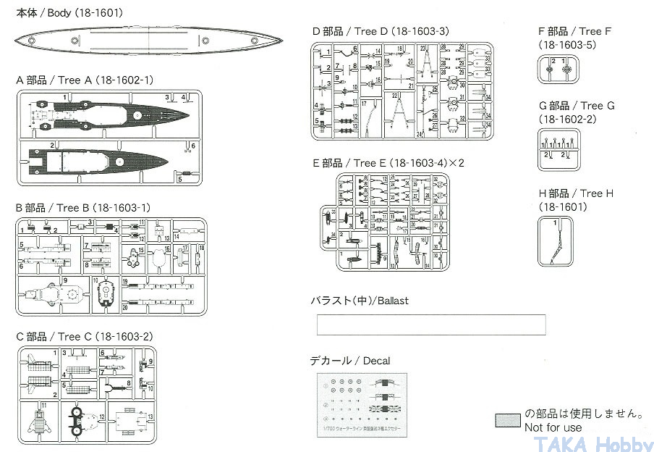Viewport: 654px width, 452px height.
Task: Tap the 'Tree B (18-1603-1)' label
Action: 83,208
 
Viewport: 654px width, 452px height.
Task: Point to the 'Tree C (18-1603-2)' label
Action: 84,337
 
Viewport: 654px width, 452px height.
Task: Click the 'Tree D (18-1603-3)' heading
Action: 381,31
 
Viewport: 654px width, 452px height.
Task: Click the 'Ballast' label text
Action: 360,301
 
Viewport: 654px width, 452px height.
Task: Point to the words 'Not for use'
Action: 553,427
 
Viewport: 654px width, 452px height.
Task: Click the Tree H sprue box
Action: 556,242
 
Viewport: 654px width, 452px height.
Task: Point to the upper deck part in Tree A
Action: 109,114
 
